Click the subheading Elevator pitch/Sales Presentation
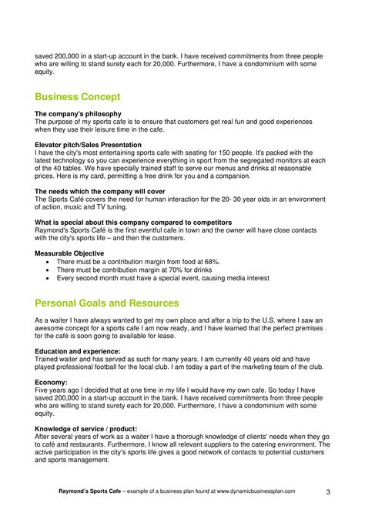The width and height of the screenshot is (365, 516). point(88,145)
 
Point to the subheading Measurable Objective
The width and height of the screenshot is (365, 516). point(70,253)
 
